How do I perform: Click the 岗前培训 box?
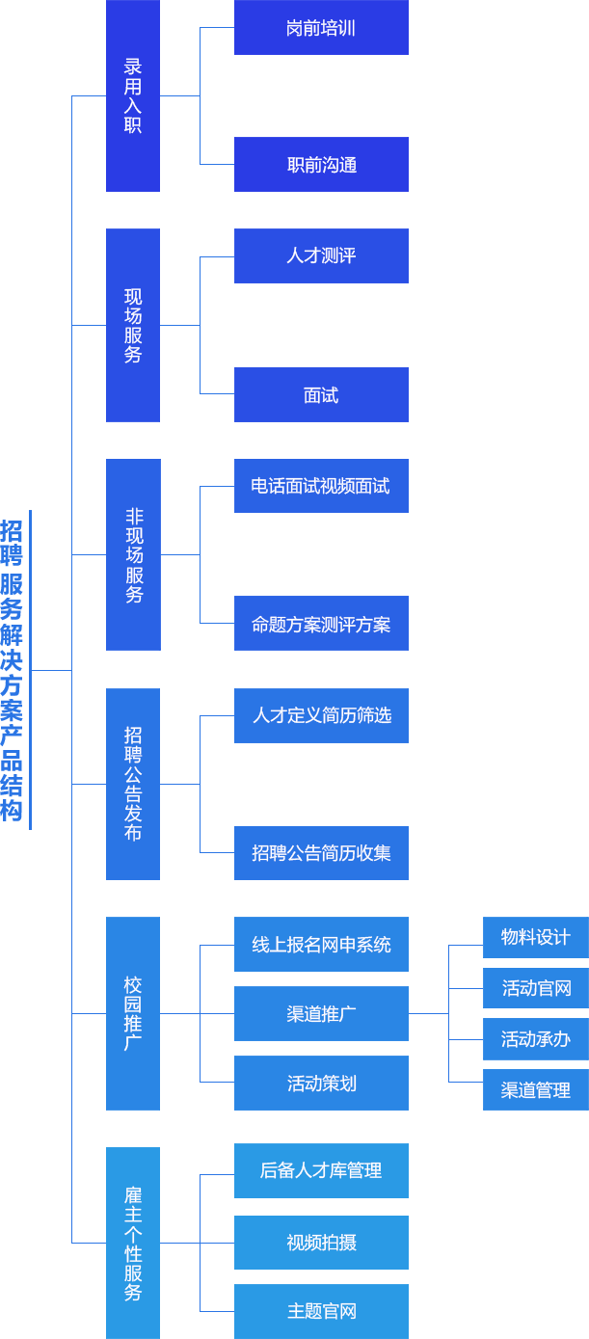coord(321,28)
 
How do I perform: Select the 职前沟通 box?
coord(321,165)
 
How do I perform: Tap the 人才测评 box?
coord(321,255)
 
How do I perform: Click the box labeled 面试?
coord(321,395)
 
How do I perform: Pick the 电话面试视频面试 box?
coord(321,486)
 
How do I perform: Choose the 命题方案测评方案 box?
coord(321,624)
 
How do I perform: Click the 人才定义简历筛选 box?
coord(321,715)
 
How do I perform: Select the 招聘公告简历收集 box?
coord(321,853)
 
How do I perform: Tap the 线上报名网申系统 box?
coord(321,945)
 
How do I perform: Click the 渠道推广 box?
coord(321,1013)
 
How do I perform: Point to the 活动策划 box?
coord(321,1083)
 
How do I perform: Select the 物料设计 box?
coord(535,937)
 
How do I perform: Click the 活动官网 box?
coord(535,988)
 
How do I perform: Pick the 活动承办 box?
coord(535,1039)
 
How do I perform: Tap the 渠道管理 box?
coord(535,1090)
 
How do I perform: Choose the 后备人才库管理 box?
coord(321,1170)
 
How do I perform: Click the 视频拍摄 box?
coord(321,1243)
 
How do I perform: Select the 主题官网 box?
coord(321,1311)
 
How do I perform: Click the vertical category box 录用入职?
coord(133,95)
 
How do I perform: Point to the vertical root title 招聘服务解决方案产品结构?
coord(13,670)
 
